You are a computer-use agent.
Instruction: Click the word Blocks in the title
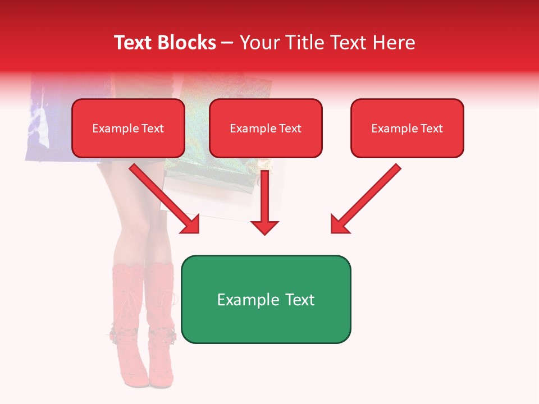pos(188,43)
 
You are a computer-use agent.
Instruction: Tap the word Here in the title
pos(393,43)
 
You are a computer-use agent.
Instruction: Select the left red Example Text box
pos(128,128)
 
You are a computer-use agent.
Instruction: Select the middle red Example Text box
pos(266,128)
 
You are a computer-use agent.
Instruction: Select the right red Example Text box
pos(407,128)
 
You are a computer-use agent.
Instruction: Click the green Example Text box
pos(266,299)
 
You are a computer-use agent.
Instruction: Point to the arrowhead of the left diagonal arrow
pos(191,224)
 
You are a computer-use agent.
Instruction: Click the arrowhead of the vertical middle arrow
pos(264,227)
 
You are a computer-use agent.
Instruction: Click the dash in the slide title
pos(227,43)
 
